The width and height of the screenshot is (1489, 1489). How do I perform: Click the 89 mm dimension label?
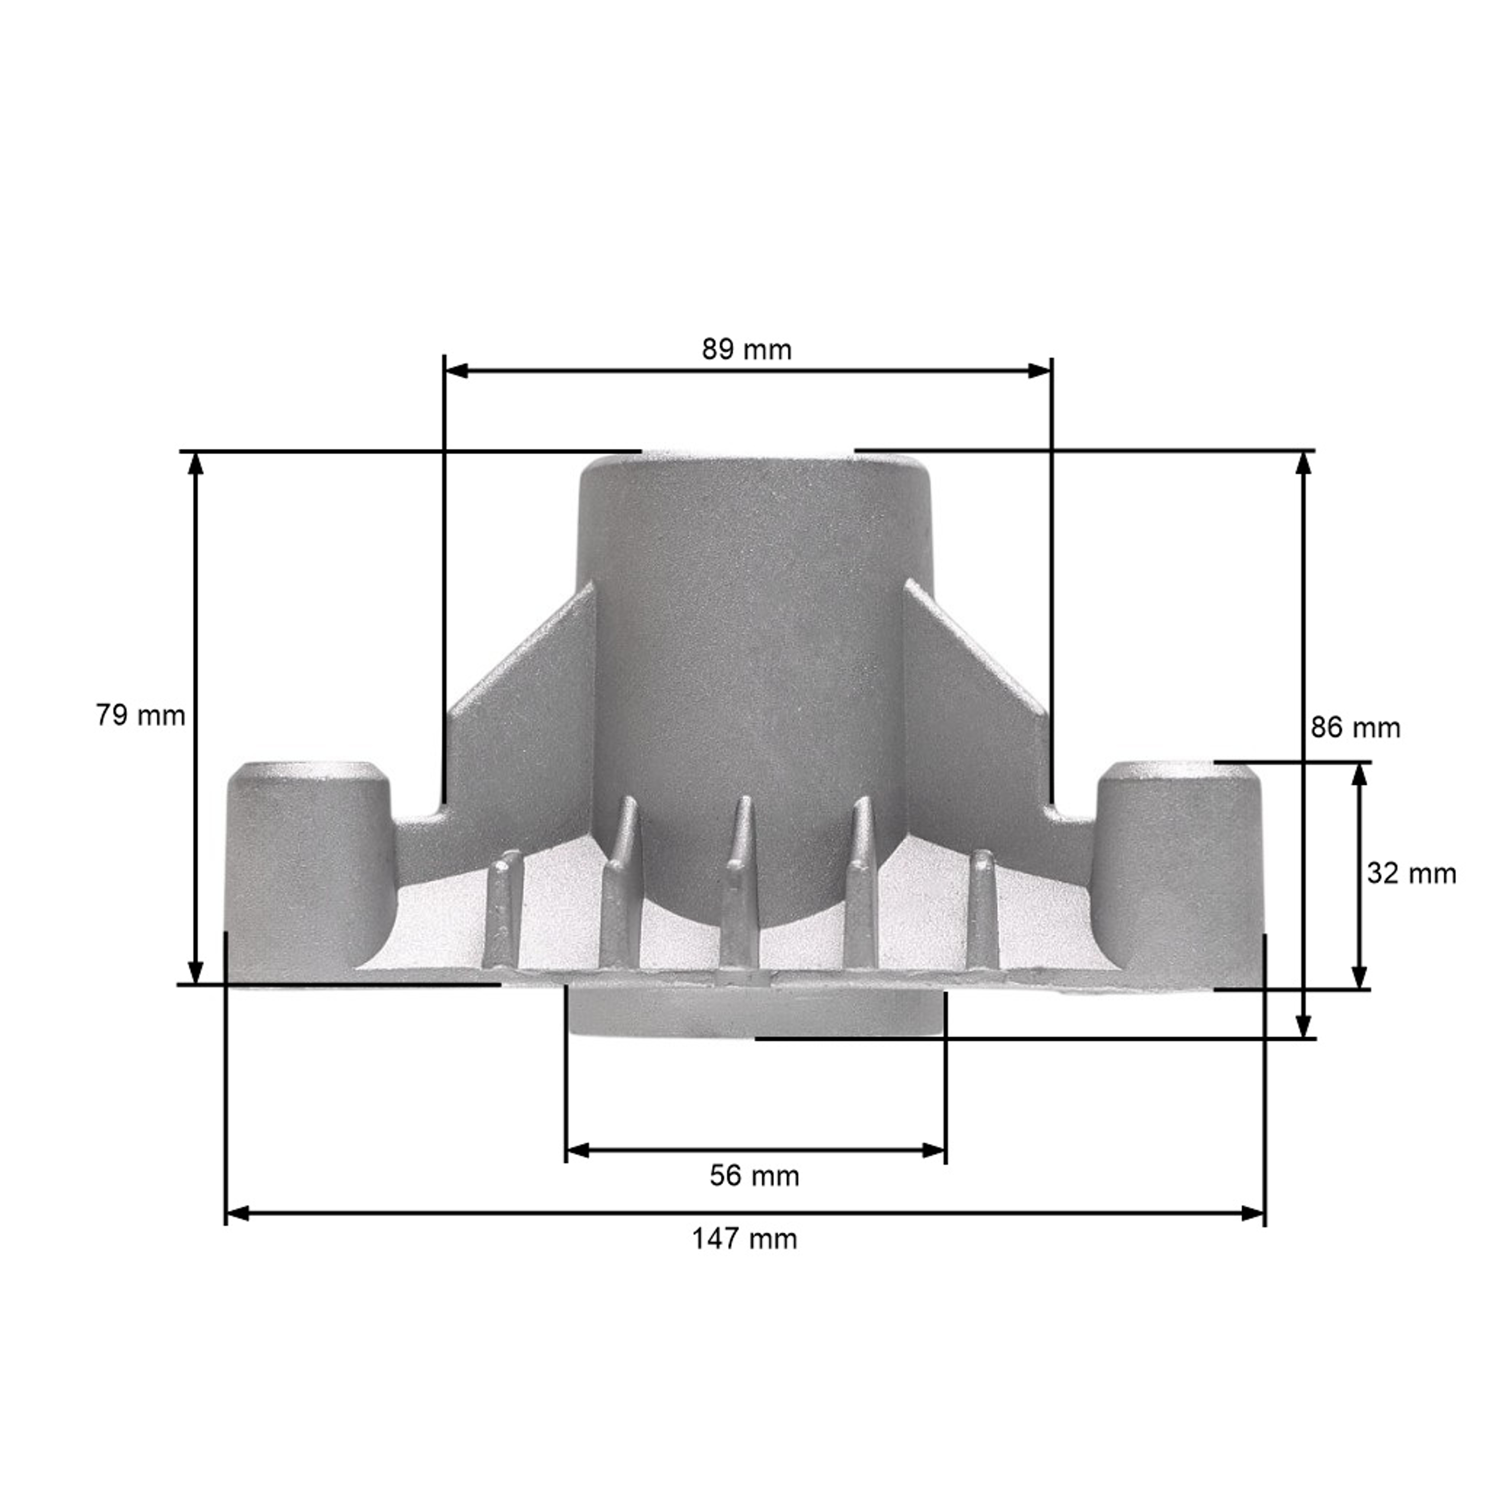(x=746, y=350)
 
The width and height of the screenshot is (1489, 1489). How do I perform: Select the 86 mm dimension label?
(x=1355, y=728)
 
